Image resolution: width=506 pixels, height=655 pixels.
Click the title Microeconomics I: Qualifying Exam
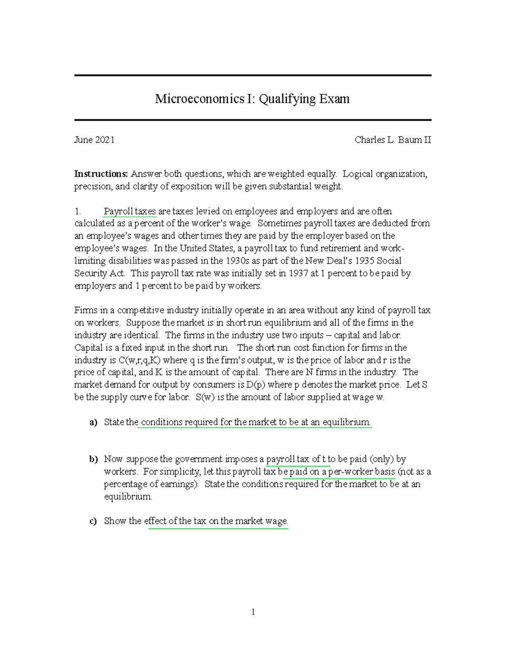point(252,99)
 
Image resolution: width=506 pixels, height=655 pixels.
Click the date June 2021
point(94,140)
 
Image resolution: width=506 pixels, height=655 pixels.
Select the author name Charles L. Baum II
point(393,140)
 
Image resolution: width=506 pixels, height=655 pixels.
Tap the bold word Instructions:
point(101,174)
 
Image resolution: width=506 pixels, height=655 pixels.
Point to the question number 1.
point(77,211)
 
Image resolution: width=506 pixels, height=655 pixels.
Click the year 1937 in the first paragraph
point(299,273)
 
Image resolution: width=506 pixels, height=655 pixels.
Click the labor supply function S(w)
point(206,397)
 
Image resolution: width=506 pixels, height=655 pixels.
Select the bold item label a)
point(93,422)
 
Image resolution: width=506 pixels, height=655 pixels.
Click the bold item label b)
point(93,459)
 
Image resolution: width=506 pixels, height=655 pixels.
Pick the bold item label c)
point(93,521)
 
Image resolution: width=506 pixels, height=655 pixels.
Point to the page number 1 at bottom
point(253,612)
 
